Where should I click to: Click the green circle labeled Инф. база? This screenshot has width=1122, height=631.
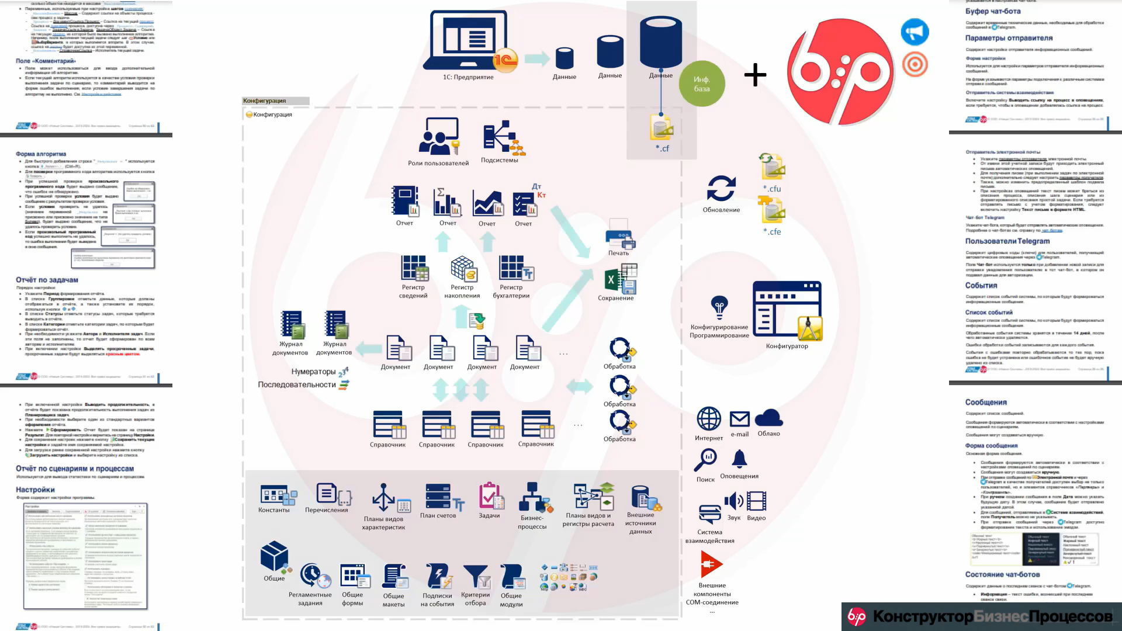click(x=701, y=84)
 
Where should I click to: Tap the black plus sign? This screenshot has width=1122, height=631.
click(x=755, y=75)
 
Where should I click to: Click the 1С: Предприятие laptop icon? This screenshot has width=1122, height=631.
click(x=467, y=41)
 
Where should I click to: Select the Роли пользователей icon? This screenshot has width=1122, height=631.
click(x=438, y=137)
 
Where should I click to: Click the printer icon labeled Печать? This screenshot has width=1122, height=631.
click(x=619, y=234)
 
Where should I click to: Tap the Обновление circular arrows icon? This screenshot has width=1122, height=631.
click(x=721, y=189)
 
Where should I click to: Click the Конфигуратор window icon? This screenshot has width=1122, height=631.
click(x=787, y=310)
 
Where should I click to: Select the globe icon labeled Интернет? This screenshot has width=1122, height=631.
click(x=709, y=419)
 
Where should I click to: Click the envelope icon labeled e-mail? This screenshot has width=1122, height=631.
click(x=739, y=419)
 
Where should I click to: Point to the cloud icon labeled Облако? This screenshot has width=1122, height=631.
click(x=768, y=418)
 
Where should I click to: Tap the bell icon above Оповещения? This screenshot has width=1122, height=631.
click(x=739, y=459)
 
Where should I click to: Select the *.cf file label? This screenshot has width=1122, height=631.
click(x=662, y=148)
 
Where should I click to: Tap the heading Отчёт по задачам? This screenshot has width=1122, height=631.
click(x=47, y=280)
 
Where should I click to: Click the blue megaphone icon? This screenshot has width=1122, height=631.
click(x=915, y=32)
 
